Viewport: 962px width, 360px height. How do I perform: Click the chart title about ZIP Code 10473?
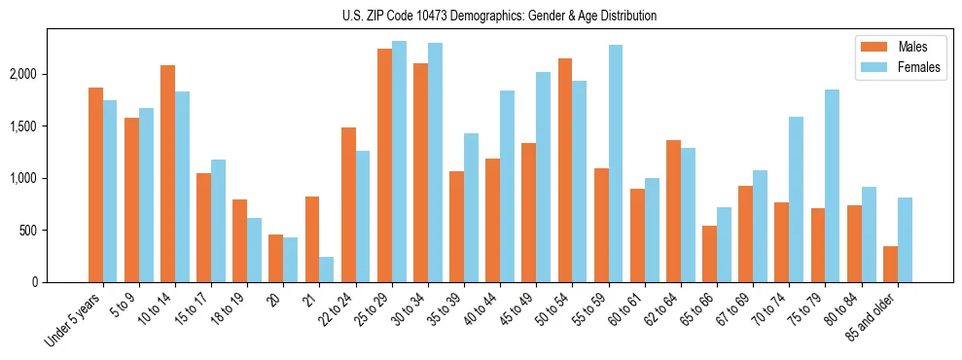tap(500, 16)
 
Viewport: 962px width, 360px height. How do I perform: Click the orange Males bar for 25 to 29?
tap(384, 165)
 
